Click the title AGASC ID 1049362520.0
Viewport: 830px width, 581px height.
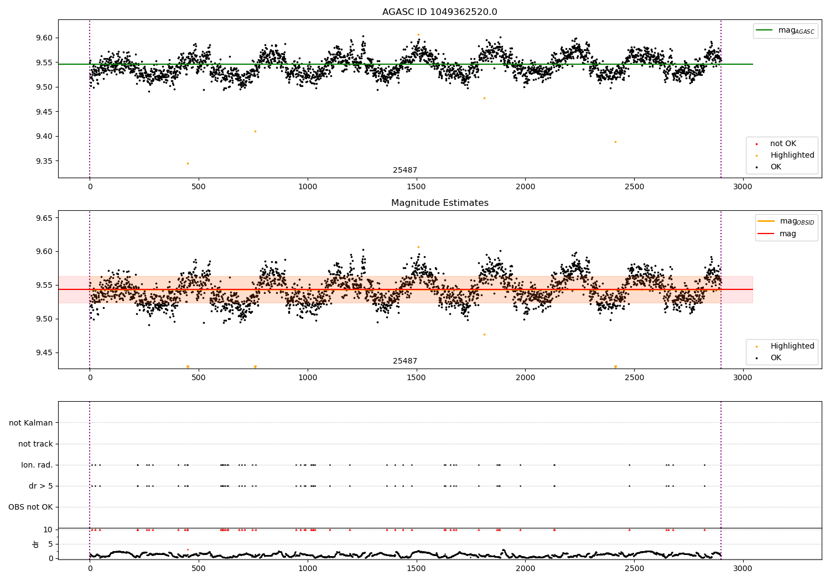click(439, 12)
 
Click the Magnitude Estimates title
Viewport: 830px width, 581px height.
click(439, 203)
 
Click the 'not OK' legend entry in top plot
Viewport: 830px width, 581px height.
click(782, 144)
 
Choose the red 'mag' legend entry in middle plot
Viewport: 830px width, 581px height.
click(787, 234)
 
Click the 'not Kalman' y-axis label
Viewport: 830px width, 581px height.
click(31, 423)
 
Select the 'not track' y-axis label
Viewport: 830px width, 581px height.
click(35, 444)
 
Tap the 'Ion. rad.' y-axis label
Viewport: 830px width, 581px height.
click(37, 465)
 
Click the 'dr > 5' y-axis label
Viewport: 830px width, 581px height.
click(40, 486)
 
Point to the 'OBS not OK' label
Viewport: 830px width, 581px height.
click(30, 507)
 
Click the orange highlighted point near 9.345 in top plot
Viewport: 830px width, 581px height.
click(188, 163)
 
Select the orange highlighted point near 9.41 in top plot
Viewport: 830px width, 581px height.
click(255, 131)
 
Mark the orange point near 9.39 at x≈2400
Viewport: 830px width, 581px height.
click(615, 142)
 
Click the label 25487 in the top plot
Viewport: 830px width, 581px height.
click(405, 170)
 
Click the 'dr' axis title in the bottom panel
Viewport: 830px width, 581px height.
click(36, 544)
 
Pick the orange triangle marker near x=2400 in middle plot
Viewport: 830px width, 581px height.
click(615, 367)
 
